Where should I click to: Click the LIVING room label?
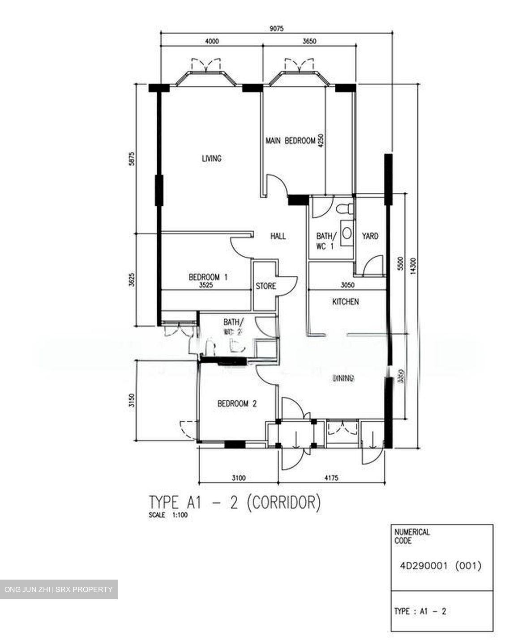coord(211,158)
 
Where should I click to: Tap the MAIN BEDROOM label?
coord(290,141)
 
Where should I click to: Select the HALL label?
coord(278,236)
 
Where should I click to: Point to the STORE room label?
coord(265,286)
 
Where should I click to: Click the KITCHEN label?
coord(345,302)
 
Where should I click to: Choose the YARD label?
coord(370,236)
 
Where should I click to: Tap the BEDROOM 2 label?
coord(237,404)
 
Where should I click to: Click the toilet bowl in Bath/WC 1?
coord(345,209)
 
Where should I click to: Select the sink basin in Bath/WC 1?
coord(346,233)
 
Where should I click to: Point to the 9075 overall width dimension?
coord(276,28)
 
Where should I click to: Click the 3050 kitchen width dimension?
coord(347,285)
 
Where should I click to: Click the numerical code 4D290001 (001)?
coord(441,566)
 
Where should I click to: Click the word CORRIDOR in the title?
coord(283,503)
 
